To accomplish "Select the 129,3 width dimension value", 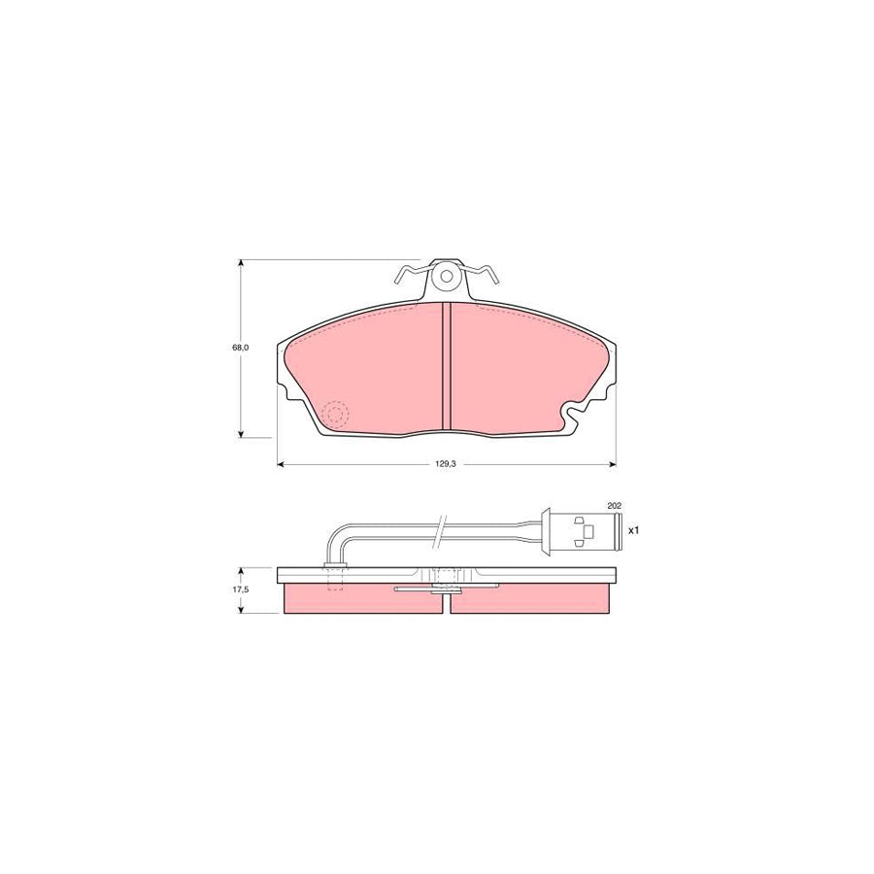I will pyautogui.click(x=446, y=464).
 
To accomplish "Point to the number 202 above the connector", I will pyautogui.click(x=613, y=506).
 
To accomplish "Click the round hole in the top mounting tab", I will pyautogui.click(x=447, y=275).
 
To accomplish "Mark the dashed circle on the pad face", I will pyautogui.click(x=335, y=416).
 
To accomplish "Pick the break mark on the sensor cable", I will pyautogui.click(x=443, y=529).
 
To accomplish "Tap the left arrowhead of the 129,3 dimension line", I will pyautogui.click(x=282, y=464).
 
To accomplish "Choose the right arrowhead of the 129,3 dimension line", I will pyautogui.click(x=613, y=464).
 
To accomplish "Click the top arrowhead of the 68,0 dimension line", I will pyautogui.click(x=241, y=263).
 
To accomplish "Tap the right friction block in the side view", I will pyautogui.click(x=533, y=599).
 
